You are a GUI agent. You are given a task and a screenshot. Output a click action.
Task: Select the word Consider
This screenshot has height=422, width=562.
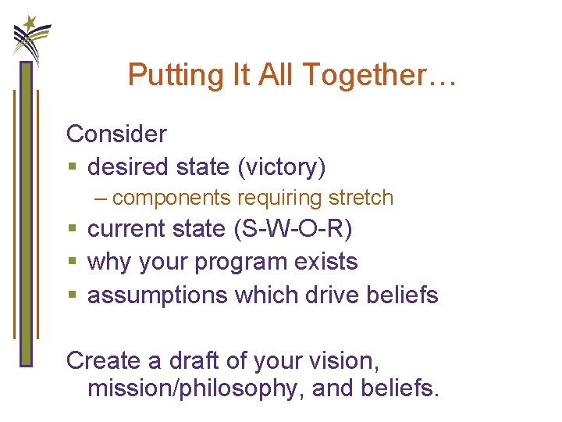pyautogui.click(x=116, y=134)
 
